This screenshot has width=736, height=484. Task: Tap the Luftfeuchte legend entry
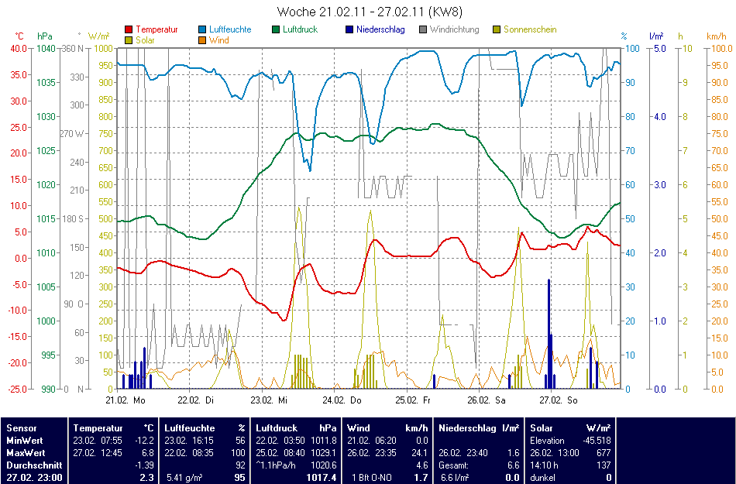(229, 29)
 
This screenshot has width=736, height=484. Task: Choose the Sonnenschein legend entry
(530, 29)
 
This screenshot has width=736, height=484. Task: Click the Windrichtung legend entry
(454, 29)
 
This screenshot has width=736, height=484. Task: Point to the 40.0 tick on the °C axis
(18, 48)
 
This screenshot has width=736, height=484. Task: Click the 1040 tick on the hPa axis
(46, 48)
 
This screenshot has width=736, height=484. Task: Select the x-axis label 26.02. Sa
(487, 400)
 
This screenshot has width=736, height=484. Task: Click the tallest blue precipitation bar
(549, 333)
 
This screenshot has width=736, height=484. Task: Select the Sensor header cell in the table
(20, 427)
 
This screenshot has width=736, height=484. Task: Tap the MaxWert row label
(26, 452)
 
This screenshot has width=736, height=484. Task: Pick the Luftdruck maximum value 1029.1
(322, 452)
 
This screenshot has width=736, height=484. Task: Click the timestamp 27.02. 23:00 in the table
(34, 478)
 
